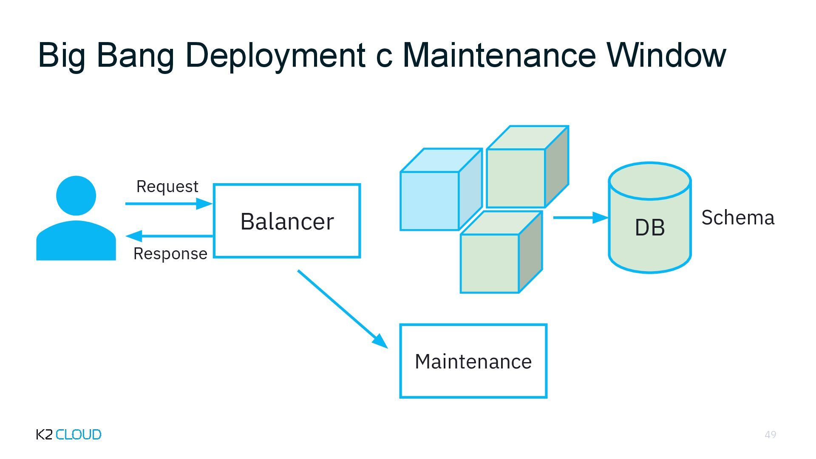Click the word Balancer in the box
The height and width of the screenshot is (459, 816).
click(287, 221)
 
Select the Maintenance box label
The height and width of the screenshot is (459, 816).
click(473, 362)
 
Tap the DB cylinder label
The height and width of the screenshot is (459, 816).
click(649, 227)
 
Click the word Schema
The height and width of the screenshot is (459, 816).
click(738, 218)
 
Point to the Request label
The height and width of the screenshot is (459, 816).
click(167, 187)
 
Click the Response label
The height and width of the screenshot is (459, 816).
click(170, 254)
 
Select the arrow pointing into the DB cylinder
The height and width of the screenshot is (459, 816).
click(580, 218)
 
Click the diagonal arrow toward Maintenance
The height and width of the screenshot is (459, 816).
click(342, 309)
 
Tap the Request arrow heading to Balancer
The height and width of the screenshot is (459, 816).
click(169, 204)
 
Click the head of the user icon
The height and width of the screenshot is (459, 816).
click(76, 195)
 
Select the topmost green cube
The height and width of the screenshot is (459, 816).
click(516, 178)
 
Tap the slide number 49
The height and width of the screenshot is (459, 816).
click(770, 434)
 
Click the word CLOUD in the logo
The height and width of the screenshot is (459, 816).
click(79, 434)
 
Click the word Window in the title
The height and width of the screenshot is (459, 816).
click(666, 55)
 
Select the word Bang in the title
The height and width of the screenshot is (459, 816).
click(135, 55)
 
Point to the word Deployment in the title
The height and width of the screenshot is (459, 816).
click(275, 55)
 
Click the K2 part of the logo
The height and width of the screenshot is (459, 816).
click(45, 434)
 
